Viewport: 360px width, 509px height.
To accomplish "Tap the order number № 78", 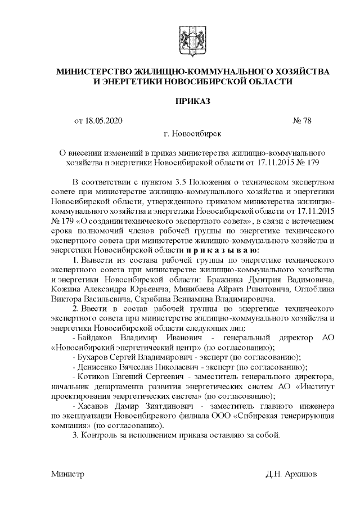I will point(302,120).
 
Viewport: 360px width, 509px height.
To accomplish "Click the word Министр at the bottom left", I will point(67,474).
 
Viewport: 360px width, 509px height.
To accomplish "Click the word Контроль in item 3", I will point(100,435).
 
